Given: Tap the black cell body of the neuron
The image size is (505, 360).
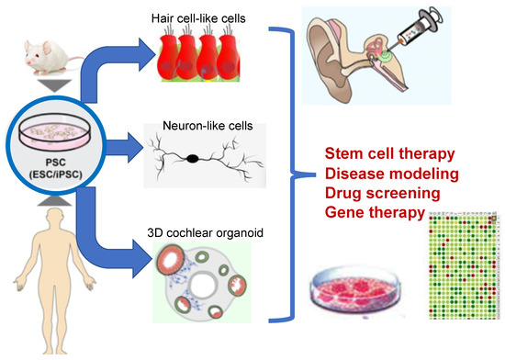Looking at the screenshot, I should pos(195,159).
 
